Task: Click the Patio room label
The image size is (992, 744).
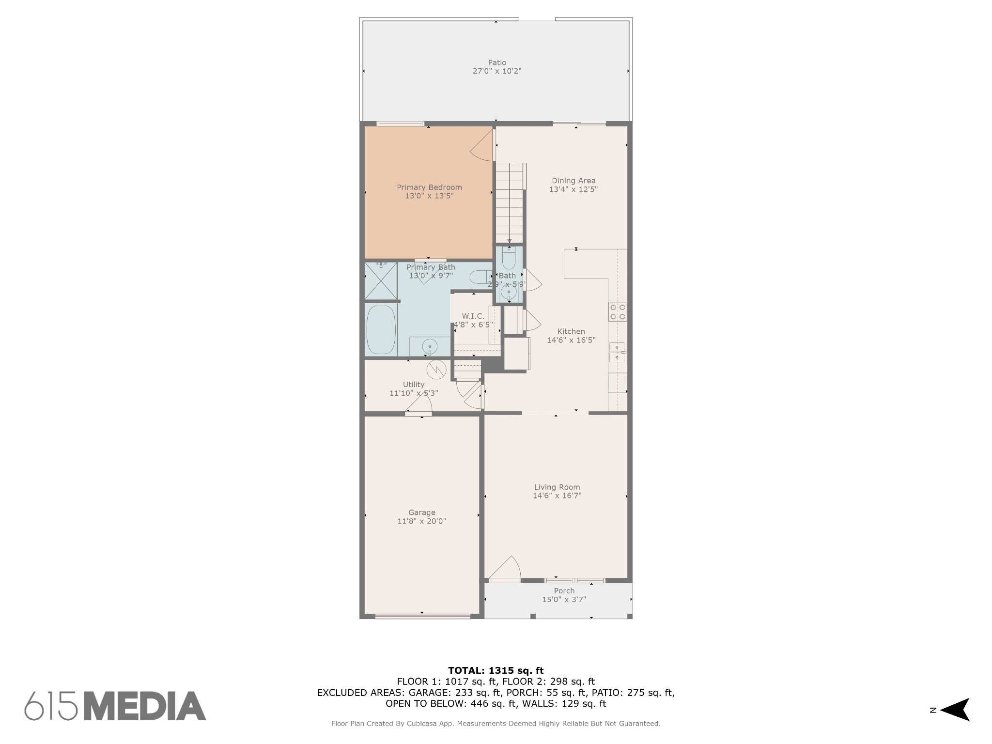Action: (x=497, y=62)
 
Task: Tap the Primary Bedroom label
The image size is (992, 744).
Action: (x=429, y=187)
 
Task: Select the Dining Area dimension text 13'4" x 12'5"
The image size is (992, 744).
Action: (x=573, y=189)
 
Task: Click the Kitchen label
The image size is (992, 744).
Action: (x=571, y=332)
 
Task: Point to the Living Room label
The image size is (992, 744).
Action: (x=557, y=487)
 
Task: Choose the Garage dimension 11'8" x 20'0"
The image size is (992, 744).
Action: (x=422, y=521)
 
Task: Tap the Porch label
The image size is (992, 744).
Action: (x=564, y=591)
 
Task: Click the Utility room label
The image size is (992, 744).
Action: (x=414, y=385)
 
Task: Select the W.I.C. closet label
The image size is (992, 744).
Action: (x=473, y=316)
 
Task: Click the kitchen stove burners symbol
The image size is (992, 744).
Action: (x=618, y=312)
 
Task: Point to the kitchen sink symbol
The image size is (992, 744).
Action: (x=618, y=352)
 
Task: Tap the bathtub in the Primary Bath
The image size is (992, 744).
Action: (x=381, y=330)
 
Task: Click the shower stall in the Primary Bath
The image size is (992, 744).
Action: (x=381, y=281)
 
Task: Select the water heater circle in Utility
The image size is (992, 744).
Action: (x=436, y=370)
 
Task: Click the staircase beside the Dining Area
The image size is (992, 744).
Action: (x=510, y=202)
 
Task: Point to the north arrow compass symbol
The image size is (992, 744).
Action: (x=955, y=710)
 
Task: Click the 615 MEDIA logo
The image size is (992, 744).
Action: (x=115, y=705)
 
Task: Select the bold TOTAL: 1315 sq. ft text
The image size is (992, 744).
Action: (x=496, y=671)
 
